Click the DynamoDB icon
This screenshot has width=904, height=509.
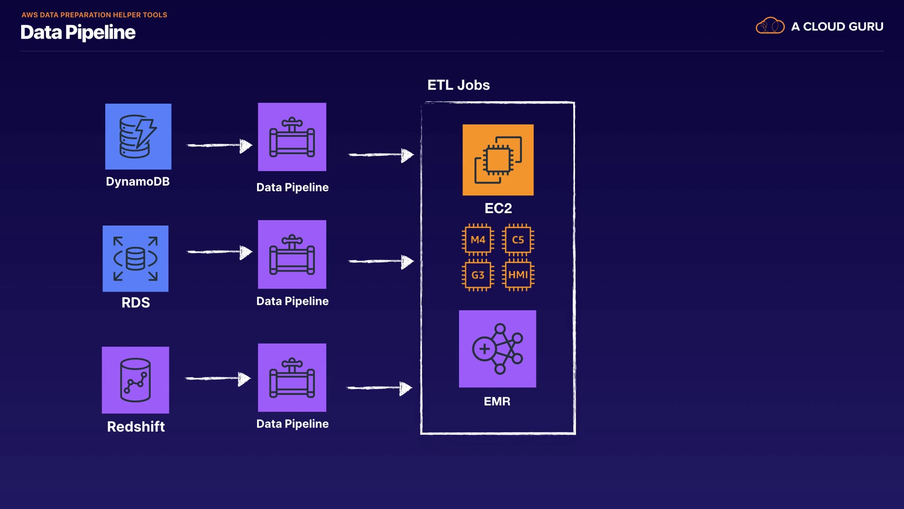138,136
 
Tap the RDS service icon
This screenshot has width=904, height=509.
136,258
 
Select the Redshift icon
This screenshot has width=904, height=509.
136,380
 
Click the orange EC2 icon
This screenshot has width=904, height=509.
498,160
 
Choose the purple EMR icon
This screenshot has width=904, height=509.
497,349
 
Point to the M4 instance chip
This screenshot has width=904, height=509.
478,239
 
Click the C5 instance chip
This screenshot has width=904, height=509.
518,239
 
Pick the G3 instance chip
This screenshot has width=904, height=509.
478,275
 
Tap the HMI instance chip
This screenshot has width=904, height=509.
518,275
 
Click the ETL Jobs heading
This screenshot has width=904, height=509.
458,85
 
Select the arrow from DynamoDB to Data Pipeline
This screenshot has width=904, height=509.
219,146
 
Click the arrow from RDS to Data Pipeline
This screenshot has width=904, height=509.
219,252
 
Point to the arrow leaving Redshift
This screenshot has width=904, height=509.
218,378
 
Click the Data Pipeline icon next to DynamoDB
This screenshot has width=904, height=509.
292,137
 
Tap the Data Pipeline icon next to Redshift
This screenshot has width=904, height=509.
292,378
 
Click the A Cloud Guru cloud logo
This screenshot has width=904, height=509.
770,26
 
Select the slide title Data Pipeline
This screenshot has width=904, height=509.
78,33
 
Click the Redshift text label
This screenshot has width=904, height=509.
136,427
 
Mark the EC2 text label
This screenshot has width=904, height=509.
498,208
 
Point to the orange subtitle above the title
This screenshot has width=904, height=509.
94,15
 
